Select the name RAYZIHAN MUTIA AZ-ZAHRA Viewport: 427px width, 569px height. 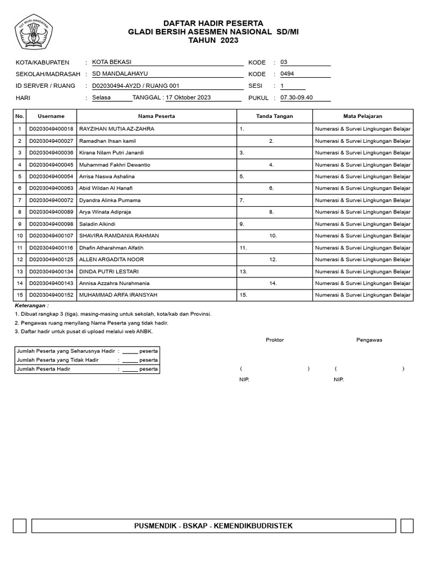pyautogui.click(x=117, y=129)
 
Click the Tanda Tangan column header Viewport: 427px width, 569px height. pyautogui.click(x=274, y=116)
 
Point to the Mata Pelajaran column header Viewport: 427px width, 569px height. pyautogui.click(x=363, y=116)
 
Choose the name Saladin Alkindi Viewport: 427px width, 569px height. pyautogui.click(x=97, y=224)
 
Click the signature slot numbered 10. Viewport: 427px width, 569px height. pyautogui.click(x=273, y=236)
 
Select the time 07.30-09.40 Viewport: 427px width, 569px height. pyautogui.click(x=297, y=98)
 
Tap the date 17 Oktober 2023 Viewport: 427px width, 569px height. pyautogui.click(x=188, y=98)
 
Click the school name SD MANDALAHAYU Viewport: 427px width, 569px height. pyautogui.click(x=120, y=73)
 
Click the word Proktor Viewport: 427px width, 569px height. pyautogui.click(x=275, y=340)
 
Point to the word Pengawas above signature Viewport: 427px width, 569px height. pyautogui.click(x=369, y=340)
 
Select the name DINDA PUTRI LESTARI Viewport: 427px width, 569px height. pyautogui.click(x=109, y=272)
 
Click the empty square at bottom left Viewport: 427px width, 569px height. pyautogui.click(x=19, y=526)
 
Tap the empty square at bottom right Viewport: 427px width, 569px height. pyautogui.click(x=406, y=526)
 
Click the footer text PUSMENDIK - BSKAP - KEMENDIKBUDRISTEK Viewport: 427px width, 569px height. pyautogui.click(x=213, y=526)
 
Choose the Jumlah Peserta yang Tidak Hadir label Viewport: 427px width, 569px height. pyautogui.click(x=58, y=360)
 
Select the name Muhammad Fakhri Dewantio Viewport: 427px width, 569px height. pyautogui.click(x=115, y=165)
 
